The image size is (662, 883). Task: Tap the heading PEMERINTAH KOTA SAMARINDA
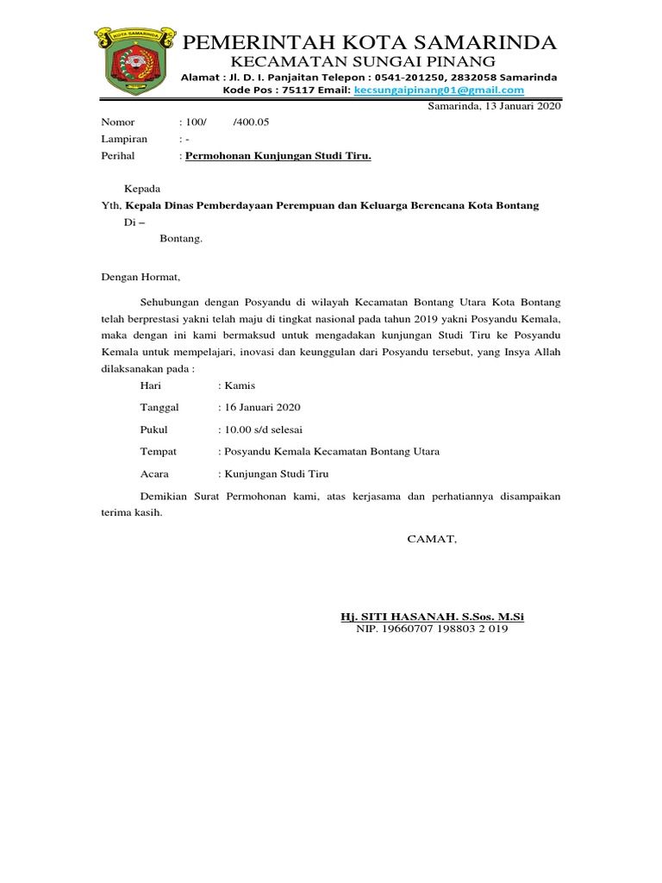[x=372, y=43]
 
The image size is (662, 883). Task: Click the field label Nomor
[x=119, y=122]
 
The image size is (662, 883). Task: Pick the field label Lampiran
[x=125, y=139]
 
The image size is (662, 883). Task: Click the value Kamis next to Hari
[x=240, y=385]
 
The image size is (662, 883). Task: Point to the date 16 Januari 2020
[x=261, y=407]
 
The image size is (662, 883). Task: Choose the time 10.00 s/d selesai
[x=263, y=429]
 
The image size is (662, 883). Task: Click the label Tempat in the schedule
[x=158, y=451]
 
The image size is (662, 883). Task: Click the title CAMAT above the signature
[x=433, y=539]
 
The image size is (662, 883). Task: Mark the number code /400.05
[x=252, y=122]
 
